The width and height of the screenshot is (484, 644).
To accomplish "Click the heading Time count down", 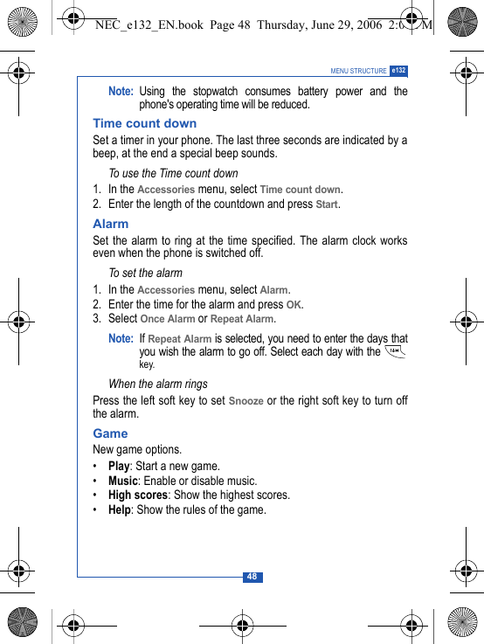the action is coord(145,123).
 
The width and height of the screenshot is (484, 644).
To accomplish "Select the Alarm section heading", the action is coord(111,224).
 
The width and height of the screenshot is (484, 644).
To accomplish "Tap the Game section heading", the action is coord(110,433).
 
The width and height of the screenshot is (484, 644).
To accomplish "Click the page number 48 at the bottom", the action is coord(252,577).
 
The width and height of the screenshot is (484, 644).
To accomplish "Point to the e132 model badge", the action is coord(398,70).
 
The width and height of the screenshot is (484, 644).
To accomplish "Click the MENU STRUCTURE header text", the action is coord(358,71).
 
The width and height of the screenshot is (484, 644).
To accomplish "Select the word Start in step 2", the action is coord(327,204).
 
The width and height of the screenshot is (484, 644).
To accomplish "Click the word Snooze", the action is coord(245,401).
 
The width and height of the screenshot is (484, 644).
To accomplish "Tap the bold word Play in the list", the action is coord(119,466).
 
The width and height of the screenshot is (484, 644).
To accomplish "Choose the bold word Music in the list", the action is coord(123,481).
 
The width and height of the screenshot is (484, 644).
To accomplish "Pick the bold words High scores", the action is coord(137,495).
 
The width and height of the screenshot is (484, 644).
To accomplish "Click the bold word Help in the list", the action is coord(119,509).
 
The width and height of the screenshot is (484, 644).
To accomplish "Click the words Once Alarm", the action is coord(167,319).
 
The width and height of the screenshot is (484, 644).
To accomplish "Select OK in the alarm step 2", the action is coord(294,305).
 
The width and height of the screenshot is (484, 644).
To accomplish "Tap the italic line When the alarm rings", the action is coord(158,384).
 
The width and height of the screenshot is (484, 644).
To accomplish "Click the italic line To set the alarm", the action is coord(145,273).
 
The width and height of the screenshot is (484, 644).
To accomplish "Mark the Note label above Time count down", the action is coord(121,92).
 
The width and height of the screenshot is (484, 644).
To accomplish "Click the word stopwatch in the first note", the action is coord(204,92).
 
